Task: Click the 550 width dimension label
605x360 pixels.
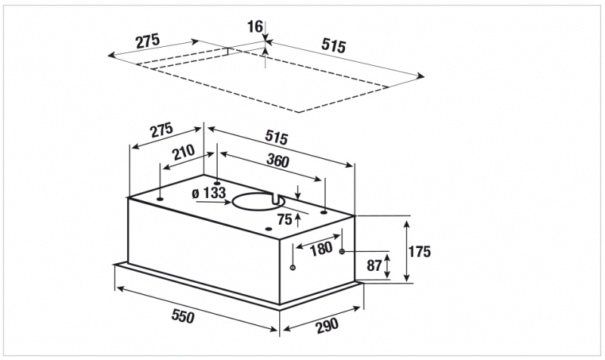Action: pyautogui.click(x=183, y=316)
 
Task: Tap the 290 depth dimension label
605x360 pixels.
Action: pyautogui.click(x=327, y=325)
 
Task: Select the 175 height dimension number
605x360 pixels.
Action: pyautogui.click(x=420, y=252)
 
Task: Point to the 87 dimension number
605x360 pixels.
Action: pyautogui.click(x=374, y=265)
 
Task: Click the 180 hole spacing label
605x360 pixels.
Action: pyautogui.click(x=321, y=249)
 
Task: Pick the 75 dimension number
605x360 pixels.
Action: pyautogui.click(x=285, y=219)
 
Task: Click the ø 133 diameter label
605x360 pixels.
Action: pyautogui.click(x=209, y=193)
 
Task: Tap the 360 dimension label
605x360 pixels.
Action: pyautogui.click(x=278, y=160)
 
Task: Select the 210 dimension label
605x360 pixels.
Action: pyautogui.click(x=184, y=152)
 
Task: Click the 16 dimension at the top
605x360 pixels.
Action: pyautogui.click(x=255, y=27)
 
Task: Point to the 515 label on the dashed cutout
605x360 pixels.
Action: pyautogui.click(x=334, y=45)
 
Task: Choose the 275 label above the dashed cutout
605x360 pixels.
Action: pyautogui.click(x=147, y=41)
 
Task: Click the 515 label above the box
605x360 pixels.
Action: pyautogui.click(x=277, y=137)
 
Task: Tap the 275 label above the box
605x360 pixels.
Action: pyautogui.click(x=162, y=130)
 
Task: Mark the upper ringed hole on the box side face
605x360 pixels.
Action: pyautogui.click(x=342, y=252)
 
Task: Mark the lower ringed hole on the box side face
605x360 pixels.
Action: pyautogui.click(x=293, y=267)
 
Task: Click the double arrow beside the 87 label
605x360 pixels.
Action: pyautogui.click(x=387, y=265)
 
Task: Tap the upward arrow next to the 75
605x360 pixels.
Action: pyautogui.click(x=297, y=220)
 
